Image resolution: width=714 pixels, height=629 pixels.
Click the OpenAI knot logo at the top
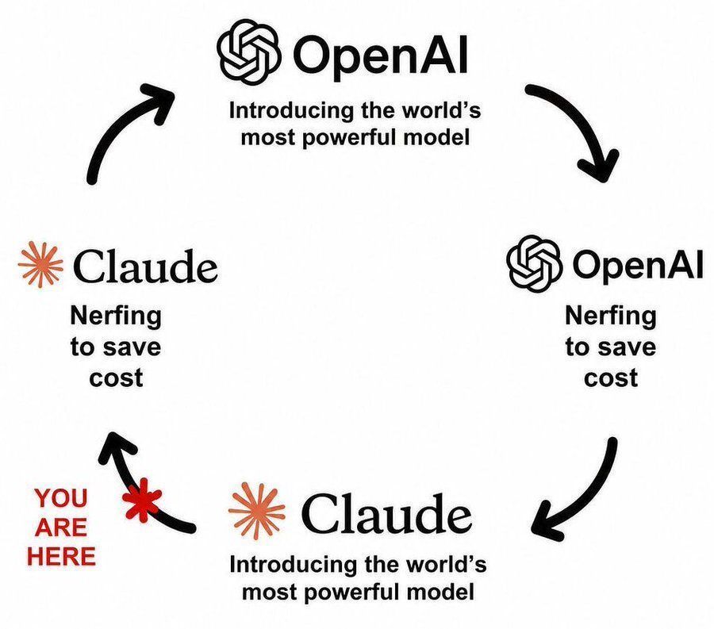pos(248,52)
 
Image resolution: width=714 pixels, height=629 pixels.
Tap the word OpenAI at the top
pos(381,56)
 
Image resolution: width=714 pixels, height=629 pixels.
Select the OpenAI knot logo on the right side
pos(534,263)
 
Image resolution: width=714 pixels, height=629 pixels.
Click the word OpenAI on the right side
pos(638,265)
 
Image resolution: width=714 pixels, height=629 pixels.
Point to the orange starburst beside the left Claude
pos(40,265)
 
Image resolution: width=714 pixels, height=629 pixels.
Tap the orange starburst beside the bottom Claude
pos(256,512)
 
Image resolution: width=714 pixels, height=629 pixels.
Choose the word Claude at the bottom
pos(386,513)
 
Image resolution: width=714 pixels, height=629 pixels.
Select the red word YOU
pos(61,498)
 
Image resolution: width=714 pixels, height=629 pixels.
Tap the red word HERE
pos(61,556)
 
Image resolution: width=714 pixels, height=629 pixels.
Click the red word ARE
pos(61,527)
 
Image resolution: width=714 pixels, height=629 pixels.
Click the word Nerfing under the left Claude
pos(116,316)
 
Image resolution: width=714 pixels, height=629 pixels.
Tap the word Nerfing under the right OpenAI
pos(611,316)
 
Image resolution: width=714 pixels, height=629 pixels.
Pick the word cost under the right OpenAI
pos(611,378)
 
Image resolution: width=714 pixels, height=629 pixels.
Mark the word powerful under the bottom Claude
pos(350,593)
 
